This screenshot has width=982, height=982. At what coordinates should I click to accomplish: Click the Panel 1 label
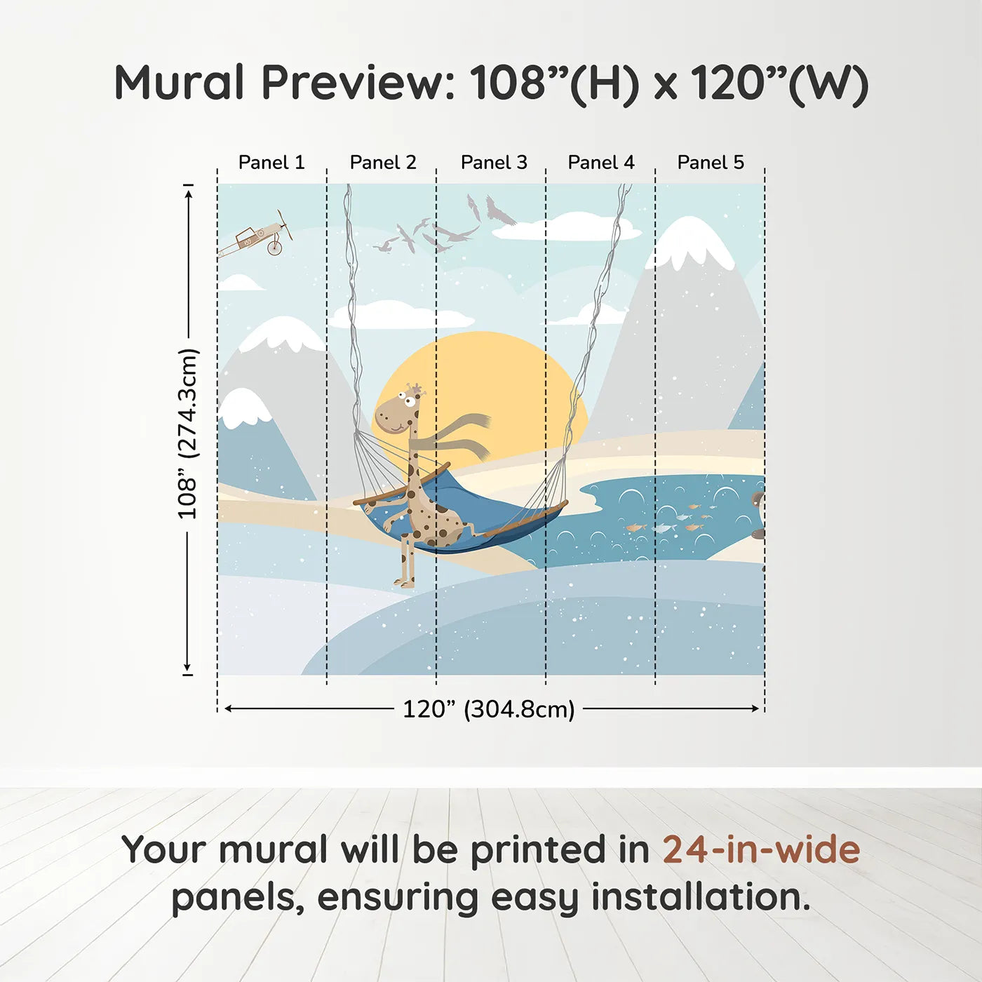coord(271,163)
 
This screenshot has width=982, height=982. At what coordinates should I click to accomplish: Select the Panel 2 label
coord(383,163)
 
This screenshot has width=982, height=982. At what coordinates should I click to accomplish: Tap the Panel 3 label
coord(494,163)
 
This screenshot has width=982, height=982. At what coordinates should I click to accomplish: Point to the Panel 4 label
coord(601,163)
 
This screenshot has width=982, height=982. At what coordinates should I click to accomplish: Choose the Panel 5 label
coord(711,163)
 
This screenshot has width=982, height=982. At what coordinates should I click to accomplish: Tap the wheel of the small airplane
coord(275,248)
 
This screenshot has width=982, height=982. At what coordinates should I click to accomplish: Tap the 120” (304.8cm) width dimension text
coord(489,709)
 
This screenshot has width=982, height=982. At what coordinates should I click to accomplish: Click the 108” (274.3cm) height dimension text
coord(187,433)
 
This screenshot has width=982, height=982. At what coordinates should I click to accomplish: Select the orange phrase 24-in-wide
coord(761,849)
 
